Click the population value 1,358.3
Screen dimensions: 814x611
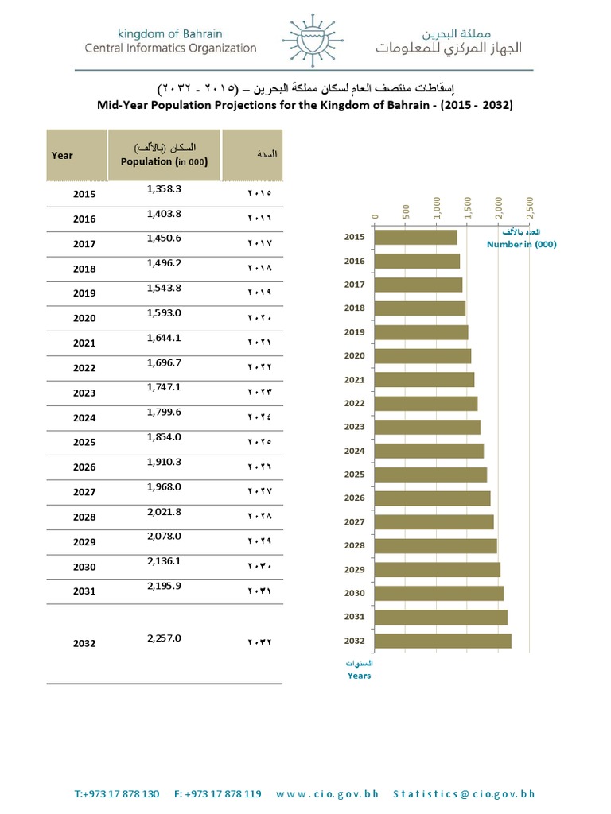[165, 189]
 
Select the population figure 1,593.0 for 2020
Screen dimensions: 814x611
[165, 313]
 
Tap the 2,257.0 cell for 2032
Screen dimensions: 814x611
[165, 638]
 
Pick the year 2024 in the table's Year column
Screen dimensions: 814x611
[84, 417]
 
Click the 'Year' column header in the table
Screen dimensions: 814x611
[62, 155]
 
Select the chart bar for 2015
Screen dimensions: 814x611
[415, 237]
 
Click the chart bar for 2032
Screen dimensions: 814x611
[442, 641]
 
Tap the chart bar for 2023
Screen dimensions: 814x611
[427, 427]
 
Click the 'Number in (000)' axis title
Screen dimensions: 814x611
[521, 244]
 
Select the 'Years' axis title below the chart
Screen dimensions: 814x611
[359, 676]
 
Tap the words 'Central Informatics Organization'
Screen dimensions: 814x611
[171, 48]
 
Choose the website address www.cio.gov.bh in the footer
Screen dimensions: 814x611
[329, 793]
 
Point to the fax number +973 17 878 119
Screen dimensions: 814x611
[217, 793]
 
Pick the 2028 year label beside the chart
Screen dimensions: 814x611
[354, 546]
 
